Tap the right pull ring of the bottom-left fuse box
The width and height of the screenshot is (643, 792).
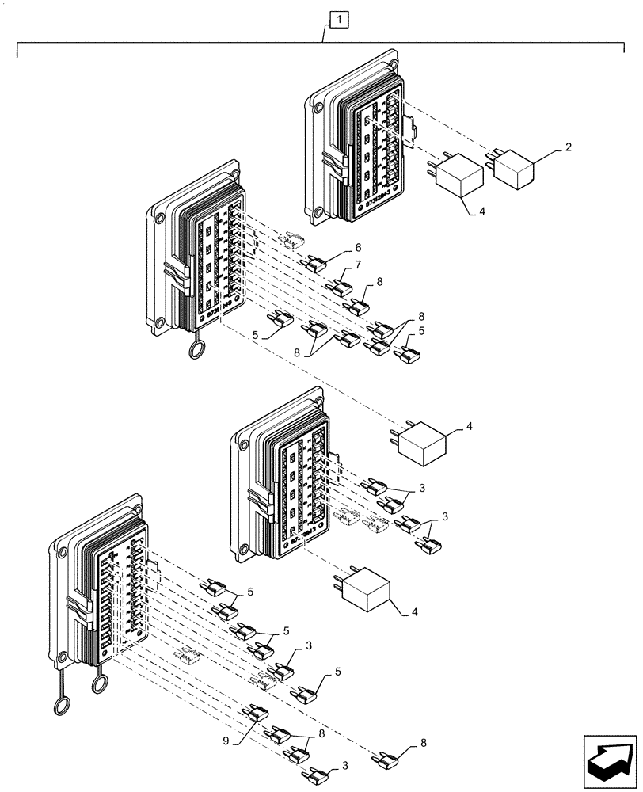coord(101,681)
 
